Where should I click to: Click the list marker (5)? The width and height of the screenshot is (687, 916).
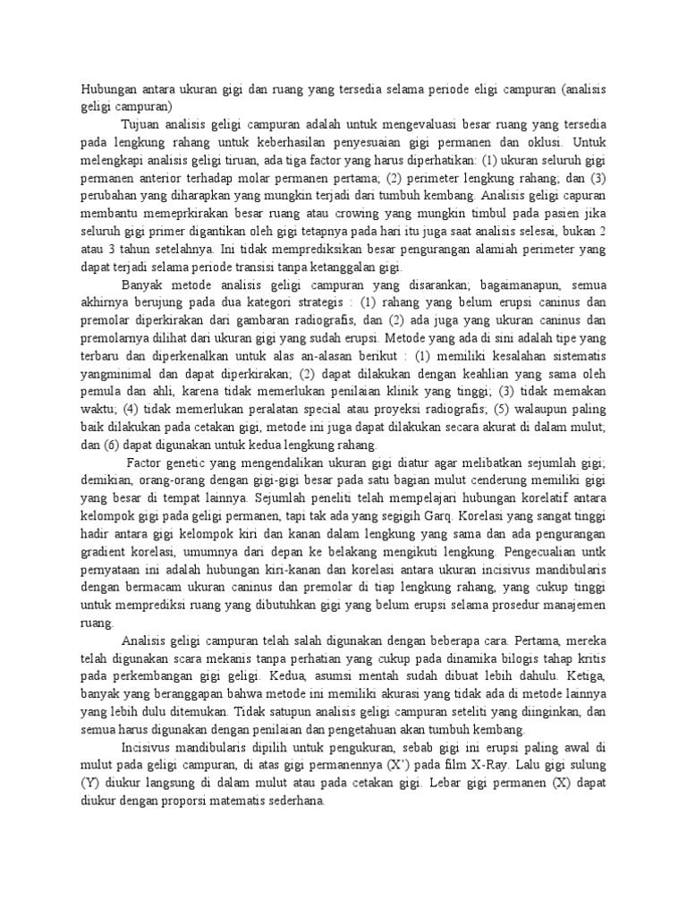coord(494,411)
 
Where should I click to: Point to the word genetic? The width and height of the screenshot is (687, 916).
coord(191,462)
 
